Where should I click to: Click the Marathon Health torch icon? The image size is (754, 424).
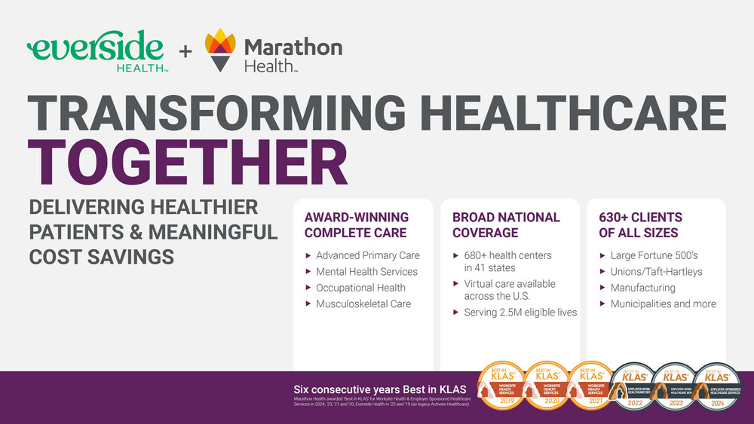pyautogui.click(x=220, y=50)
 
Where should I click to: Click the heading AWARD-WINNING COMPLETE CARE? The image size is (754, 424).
pyautogui.click(x=355, y=224)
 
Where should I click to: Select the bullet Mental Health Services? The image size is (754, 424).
pyautogui.click(x=366, y=271)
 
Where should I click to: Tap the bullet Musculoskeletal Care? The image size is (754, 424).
pyautogui.click(x=363, y=304)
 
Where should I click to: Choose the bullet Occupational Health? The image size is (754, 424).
pyautogui.click(x=360, y=288)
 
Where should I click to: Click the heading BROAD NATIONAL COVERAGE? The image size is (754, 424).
pyautogui.click(x=506, y=224)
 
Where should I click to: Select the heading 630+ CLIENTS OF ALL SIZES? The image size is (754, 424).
pyautogui.click(x=641, y=224)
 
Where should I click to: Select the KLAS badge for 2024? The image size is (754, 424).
pyautogui.click(x=716, y=387)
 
